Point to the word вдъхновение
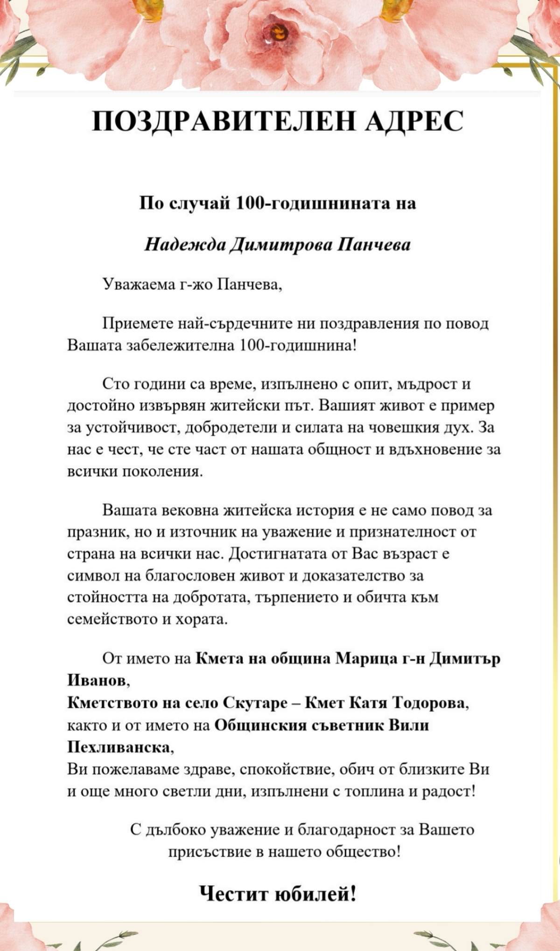(434, 450)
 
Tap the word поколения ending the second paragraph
(162, 472)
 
